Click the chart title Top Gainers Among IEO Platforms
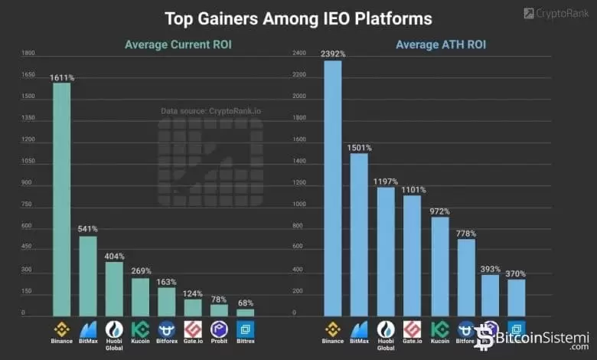pyautogui.click(x=298, y=18)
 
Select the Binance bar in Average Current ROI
pyautogui.click(x=61, y=199)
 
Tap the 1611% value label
pyautogui.click(x=61, y=77)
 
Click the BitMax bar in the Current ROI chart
pyautogui.click(x=88, y=276)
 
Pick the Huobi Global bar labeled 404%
pyautogui.click(x=114, y=289)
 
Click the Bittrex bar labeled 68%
pyautogui.click(x=245, y=312)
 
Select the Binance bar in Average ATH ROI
pyautogui.click(x=333, y=188)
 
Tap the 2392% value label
pyautogui.click(x=333, y=54)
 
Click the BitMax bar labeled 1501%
pyautogui.click(x=359, y=234)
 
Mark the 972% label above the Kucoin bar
pyautogui.click(x=439, y=211)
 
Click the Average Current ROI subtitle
pyautogui.click(x=178, y=44)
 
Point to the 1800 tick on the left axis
pyautogui.click(x=28, y=53)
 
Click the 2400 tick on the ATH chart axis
pyautogui.click(x=299, y=53)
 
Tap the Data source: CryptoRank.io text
pyautogui.click(x=210, y=111)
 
